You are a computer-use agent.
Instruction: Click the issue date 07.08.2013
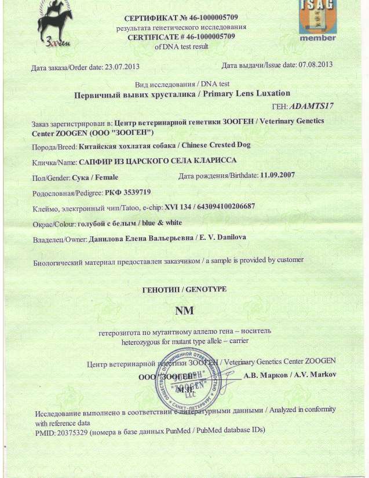click(x=316, y=64)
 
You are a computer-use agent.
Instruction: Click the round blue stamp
click(x=187, y=380)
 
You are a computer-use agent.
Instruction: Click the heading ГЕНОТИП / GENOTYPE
click(x=184, y=289)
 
